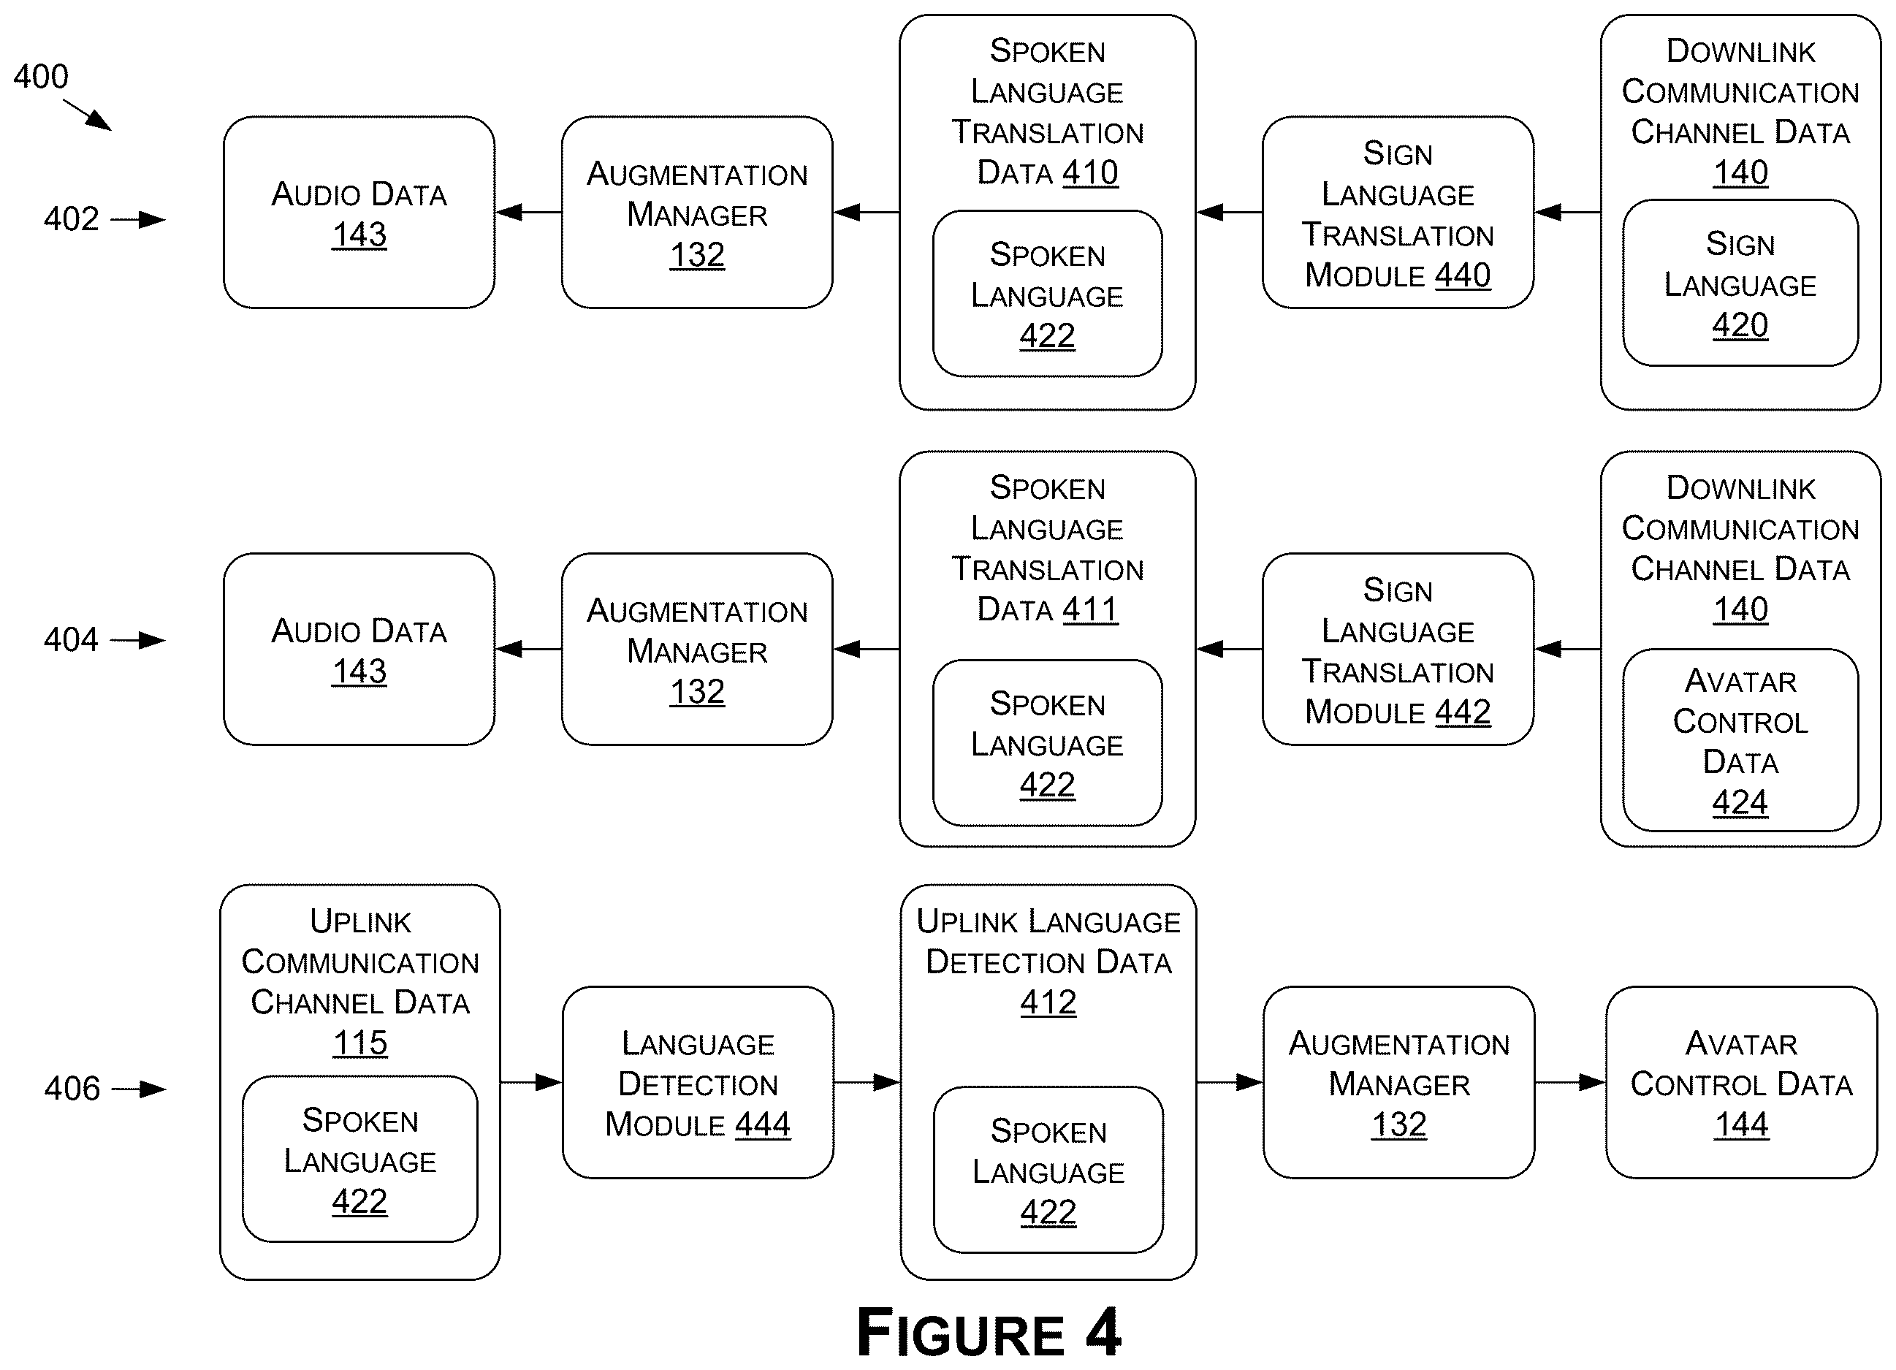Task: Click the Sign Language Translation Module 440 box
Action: [1398, 213]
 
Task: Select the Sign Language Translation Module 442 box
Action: [1398, 650]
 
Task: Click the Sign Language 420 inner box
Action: [1740, 283]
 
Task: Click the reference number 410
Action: [1090, 173]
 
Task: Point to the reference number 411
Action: [1090, 610]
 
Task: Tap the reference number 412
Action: [1048, 1002]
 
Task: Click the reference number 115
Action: [360, 1043]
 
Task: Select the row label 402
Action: [71, 219]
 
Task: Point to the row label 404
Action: [71, 640]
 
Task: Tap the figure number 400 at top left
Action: [40, 77]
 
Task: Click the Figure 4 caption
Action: [989, 1333]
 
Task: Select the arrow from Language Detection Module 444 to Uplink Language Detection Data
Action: [867, 1082]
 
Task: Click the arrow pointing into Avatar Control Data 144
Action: [1570, 1082]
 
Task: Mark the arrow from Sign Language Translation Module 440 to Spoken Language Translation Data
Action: [1229, 213]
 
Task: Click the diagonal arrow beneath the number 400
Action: [88, 115]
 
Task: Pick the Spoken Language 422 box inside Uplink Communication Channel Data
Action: [360, 1159]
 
